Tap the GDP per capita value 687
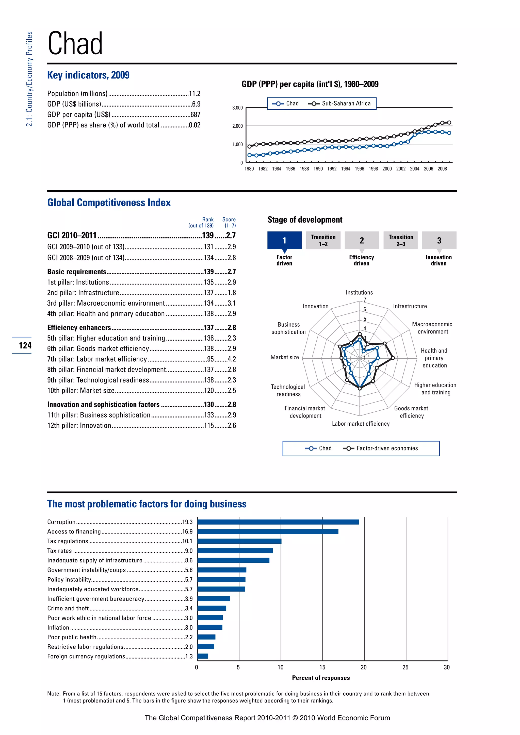[x=195, y=115]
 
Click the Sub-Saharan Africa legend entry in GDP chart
[x=340, y=103]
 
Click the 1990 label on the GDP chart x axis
[x=318, y=169]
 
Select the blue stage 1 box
[x=284, y=240]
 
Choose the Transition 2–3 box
[x=401, y=240]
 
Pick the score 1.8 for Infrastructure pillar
[x=232, y=293]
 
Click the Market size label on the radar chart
[x=285, y=357]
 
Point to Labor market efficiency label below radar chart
[x=361, y=424]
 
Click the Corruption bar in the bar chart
[x=278, y=522]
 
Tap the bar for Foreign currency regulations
[x=203, y=656]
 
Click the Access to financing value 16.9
[x=187, y=532]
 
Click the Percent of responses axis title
[x=321, y=678]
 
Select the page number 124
[x=25, y=345]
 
